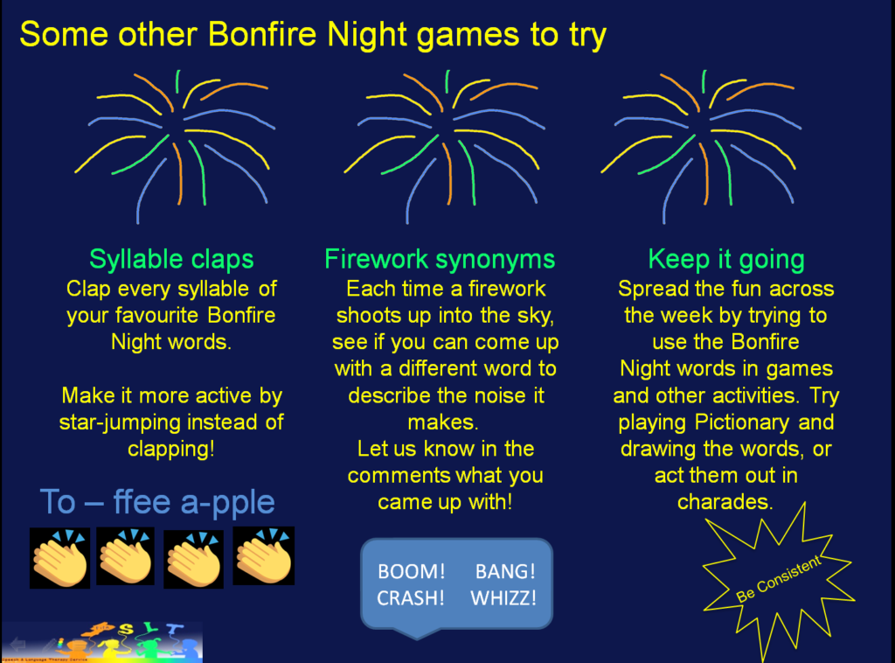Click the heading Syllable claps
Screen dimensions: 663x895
pyautogui.click(x=171, y=260)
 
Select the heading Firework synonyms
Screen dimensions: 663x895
pyautogui.click(x=440, y=260)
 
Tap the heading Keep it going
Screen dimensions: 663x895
pyautogui.click(x=726, y=260)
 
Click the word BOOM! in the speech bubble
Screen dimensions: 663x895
pyautogui.click(x=412, y=572)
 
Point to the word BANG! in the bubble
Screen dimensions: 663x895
pyautogui.click(x=505, y=572)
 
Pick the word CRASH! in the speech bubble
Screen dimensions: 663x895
pyautogui.click(x=412, y=598)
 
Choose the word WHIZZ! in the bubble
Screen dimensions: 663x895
pyautogui.click(x=503, y=598)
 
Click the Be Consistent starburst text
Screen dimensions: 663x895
pyautogui.click(x=778, y=579)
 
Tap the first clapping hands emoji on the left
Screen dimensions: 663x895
pyautogui.click(x=59, y=558)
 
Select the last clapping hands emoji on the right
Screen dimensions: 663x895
pyautogui.click(x=263, y=556)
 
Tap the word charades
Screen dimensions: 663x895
pyautogui.click(x=725, y=502)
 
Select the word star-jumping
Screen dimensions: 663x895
pyautogui.click(x=112, y=422)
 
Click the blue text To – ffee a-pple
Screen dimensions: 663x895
pyautogui.click(x=157, y=502)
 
